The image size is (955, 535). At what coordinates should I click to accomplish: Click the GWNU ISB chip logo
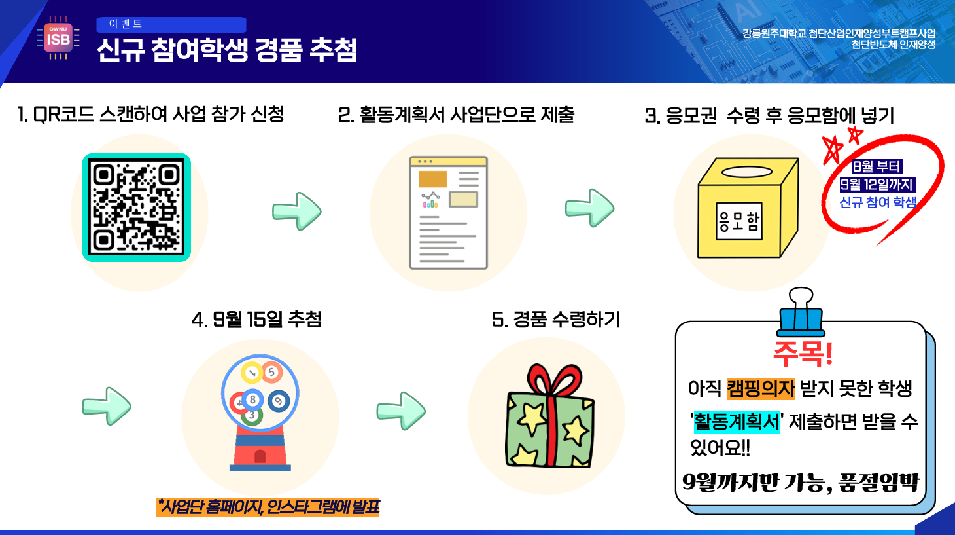pos(58,39)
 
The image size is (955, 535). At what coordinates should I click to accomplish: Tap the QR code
pos(136,208)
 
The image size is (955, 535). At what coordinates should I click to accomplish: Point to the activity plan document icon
pos(449,213)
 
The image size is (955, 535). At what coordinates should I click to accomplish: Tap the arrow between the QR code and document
pos(297,211)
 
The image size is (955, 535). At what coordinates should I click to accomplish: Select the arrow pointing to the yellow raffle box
pos(589,208)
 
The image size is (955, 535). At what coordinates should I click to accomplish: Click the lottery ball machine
pos(260,413)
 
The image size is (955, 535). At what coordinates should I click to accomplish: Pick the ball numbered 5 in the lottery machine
pos(271,372)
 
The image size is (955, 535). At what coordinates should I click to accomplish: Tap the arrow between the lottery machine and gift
pos(401,411)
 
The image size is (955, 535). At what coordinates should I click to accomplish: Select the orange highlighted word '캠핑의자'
pos(761,388)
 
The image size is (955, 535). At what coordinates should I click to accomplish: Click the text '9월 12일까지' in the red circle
pos(877,185)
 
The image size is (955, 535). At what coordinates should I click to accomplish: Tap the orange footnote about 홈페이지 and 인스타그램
pos(268,507)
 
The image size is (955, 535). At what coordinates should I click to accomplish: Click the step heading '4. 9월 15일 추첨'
pos(256,320)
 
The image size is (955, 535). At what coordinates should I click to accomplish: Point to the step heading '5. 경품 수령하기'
pos(556,320)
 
